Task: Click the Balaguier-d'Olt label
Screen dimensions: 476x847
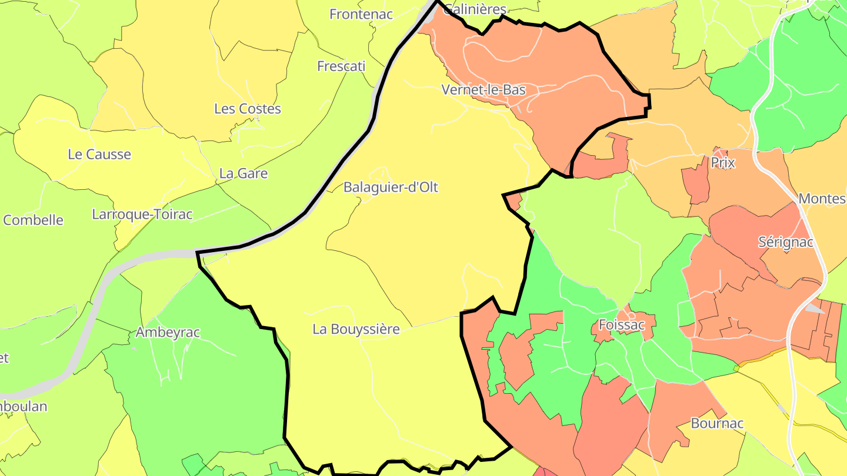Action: click(391, 187)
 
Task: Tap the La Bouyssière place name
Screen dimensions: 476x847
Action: click(356, 329)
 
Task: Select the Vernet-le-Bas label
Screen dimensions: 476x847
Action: click(483, 90)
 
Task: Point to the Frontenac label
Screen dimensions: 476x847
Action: click(361, 14)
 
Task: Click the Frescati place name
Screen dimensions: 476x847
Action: click(341, 66)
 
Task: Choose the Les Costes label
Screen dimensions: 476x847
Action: click(247, 109)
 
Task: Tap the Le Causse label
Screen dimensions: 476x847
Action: click(99, 155)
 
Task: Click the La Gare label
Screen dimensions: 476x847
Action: click(243, 173)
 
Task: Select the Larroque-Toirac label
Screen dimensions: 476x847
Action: click(142, 214)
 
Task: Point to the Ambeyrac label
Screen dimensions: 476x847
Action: click(168, 333)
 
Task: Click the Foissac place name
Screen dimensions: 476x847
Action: click(621, 324)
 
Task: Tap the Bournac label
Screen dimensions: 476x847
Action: click(717, 423)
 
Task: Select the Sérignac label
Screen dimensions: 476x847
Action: click(785, 242)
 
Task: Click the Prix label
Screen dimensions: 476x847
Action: click(723, 163)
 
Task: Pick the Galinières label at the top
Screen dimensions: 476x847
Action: click(475, 9)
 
